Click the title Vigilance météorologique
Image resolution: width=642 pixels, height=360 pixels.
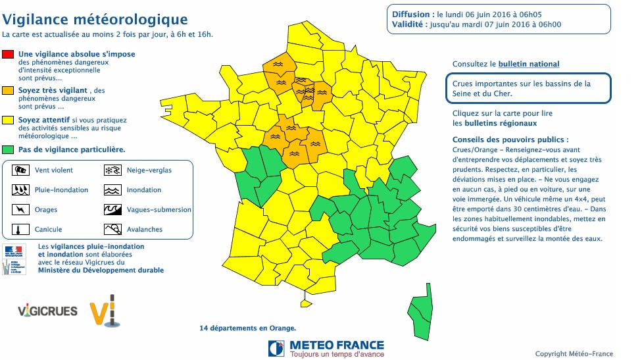click(x=95, y=20)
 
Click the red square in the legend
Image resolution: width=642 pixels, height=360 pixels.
click(x=8, y=54)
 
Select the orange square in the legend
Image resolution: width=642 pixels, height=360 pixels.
click(x=8, y=90)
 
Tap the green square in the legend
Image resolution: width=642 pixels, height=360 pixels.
click(x=8, y=150)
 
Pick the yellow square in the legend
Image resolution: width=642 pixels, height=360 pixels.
click(x=8, y=120)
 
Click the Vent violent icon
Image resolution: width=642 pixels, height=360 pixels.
click(x=21, y=170)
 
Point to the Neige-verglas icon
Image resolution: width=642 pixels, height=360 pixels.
click(x=113, y=170)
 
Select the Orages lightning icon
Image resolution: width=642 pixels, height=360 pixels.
click(x=21, y=210)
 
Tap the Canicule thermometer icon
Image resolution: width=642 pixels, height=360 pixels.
click(x=21, y=230)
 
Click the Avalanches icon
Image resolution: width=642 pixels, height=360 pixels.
click(x=113, y=230)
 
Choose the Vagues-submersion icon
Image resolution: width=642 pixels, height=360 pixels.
click(x=113, y=210)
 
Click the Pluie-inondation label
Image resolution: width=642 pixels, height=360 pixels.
click(x=61, y=190)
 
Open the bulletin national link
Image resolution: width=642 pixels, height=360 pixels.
click(x=529, y=64)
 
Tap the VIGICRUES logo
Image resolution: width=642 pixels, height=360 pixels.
click(x=48, y=311)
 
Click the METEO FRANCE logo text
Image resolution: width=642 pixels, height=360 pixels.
click(x=336, y=345)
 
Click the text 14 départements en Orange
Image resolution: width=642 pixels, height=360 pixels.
click(x=247, y=328)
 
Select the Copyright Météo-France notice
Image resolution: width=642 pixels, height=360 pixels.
click(x=574, y=354)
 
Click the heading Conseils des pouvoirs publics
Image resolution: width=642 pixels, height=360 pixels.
click(x=510, y=140)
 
